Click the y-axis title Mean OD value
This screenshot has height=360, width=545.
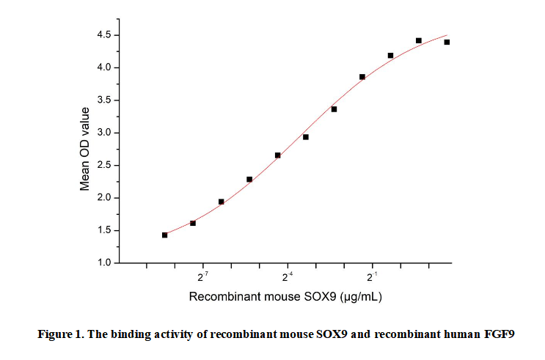pyautogui.click(x=85, y=149)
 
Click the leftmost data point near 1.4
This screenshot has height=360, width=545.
pyautogui.click(x=164, y=235)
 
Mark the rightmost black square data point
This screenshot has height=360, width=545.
pyautogui.click(x=447, y=42)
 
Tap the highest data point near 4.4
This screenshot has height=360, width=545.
pyautogui.click(x=418, y=40)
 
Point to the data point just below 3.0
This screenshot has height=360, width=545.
pyautogui.click(x=306, y=137)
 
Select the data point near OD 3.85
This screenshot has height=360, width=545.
pyautogui.click(x=362, y=76)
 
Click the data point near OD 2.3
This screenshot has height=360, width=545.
pyautogui.click(x=249, y=179)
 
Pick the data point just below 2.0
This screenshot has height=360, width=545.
pyautogui.click(x=221, y=202)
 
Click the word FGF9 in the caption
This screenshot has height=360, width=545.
pyautogui.click(x=499, y=335)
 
